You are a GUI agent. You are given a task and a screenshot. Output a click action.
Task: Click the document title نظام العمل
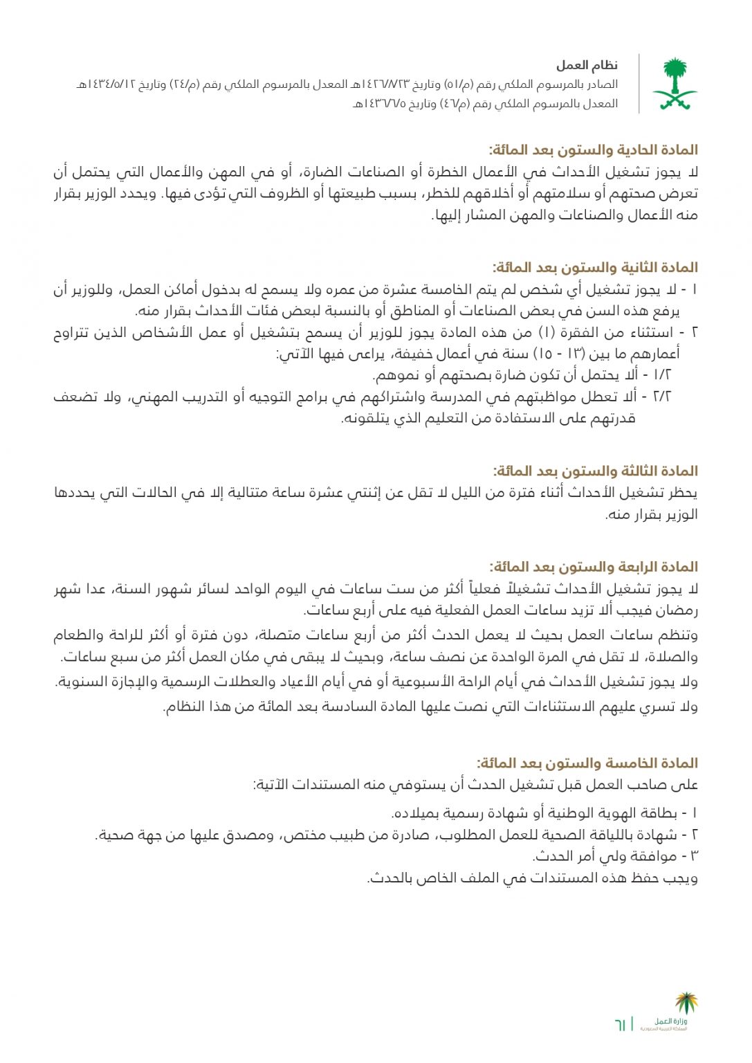(x=587, y=65)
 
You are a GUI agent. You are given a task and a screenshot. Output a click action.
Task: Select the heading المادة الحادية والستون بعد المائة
(x=594, y=149)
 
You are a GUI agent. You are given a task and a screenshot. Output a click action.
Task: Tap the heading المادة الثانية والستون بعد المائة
(x=595, y=267)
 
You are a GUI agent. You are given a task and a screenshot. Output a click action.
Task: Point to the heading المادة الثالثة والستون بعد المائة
(x=595, y=471)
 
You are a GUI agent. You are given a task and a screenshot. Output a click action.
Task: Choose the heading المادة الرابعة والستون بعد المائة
(x=594, y=567)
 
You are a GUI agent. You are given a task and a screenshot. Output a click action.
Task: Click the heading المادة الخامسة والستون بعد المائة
(x=587, y=763)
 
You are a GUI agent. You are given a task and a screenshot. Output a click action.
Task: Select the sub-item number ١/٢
(x=662, y=376)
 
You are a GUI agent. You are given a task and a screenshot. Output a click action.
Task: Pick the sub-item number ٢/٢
(x=662, y=397)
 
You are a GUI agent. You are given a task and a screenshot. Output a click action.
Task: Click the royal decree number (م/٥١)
(x=458, y=84)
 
